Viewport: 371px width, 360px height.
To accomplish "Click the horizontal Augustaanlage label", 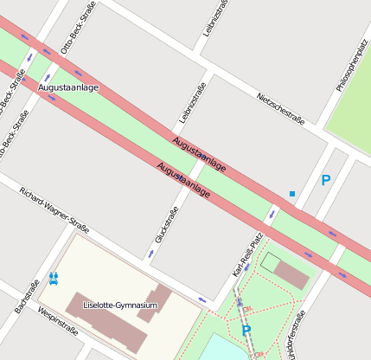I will pos(68,88).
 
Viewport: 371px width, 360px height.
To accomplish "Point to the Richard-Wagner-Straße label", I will pos(54,209).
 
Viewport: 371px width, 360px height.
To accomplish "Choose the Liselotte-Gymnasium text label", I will pos(120,305).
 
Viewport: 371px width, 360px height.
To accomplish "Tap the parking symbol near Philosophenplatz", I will pos(325,180).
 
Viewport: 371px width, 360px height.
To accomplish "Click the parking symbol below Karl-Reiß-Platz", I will pos(246,331).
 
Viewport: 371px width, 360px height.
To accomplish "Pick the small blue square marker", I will pos(292,194).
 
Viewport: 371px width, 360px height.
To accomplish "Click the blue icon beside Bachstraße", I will pos(54,277).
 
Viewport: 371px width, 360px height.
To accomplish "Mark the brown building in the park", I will pos(290,273).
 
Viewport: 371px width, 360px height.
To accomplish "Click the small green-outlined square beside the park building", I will pos(271,260).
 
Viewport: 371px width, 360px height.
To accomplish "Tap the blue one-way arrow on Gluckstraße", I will pos(150,253).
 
